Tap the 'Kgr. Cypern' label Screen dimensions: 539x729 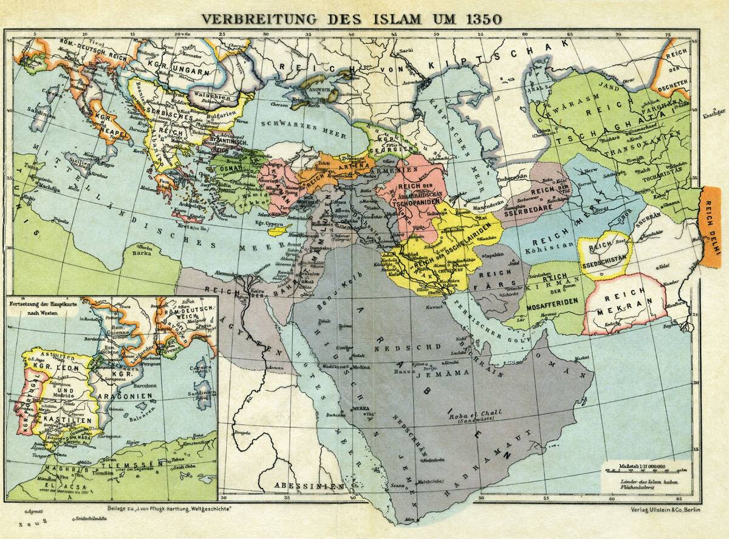(x=270, y=224)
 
